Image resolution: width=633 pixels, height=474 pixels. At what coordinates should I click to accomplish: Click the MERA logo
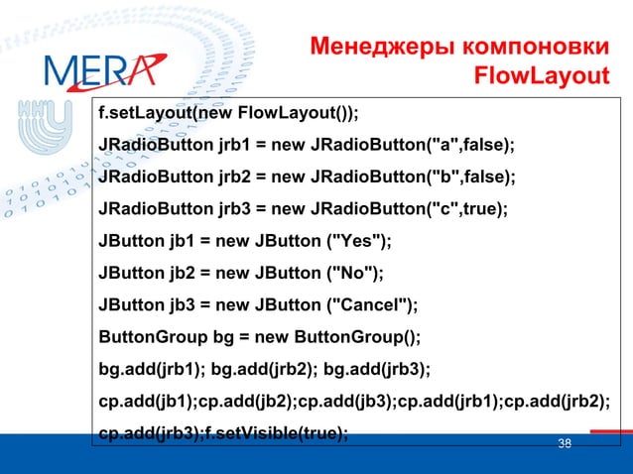pos(99,69)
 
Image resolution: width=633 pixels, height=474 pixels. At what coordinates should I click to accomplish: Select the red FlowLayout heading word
pos(541,76)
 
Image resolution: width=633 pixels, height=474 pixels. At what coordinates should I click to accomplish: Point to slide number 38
pos(565,443)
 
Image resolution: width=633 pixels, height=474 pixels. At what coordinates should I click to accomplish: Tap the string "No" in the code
pos(351,273)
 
